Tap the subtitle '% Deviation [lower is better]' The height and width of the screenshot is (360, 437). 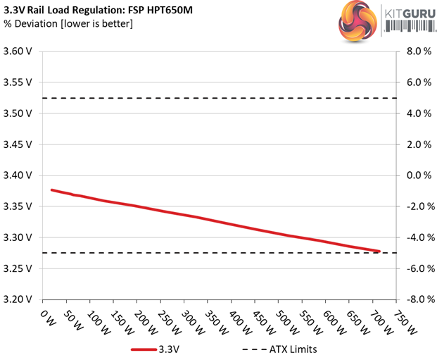point(69,25)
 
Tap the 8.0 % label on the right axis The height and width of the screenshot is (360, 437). point(414,51)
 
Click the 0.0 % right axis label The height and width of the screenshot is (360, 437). point(414,175)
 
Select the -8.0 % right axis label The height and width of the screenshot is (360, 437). point(413,299)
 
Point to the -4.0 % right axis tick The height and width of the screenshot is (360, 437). point(413,237)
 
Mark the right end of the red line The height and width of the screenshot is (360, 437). point(380,251)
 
